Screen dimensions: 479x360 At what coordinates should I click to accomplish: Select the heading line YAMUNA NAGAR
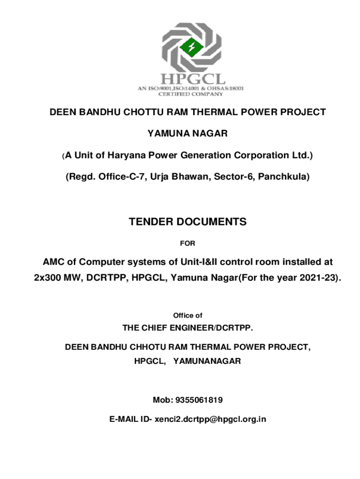pos(187,134)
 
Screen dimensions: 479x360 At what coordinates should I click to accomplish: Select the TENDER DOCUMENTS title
pos(187,222)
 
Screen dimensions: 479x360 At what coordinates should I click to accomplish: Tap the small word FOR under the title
pos(187,243)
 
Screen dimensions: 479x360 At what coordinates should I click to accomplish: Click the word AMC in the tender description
pos(53,261)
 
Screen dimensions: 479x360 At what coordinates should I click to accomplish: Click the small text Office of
pos(187,316)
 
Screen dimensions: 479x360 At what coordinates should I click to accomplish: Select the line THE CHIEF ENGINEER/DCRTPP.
pos(187,328)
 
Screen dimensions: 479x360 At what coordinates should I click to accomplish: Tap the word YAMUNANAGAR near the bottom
pos(207,361)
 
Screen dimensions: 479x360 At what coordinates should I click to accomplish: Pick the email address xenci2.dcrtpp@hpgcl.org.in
pos(210,419)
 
